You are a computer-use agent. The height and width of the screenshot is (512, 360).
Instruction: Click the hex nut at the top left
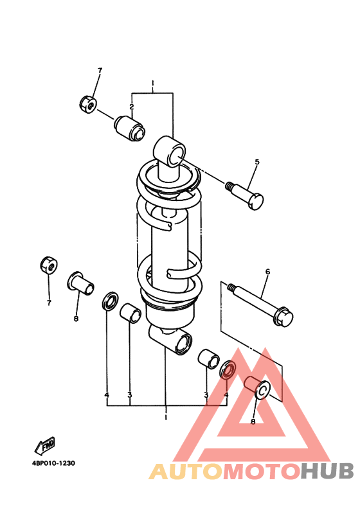[x=87, y=104]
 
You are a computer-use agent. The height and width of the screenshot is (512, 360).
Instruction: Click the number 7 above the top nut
[x=100, y=71]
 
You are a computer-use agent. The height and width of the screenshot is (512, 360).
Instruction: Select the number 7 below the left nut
[x=49, y=303]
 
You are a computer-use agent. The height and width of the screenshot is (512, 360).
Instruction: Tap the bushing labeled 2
[x=129, y=128]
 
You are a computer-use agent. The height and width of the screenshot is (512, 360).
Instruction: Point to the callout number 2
[x=132, y=107]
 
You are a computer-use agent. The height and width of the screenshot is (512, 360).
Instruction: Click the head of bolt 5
[x=255, y=201]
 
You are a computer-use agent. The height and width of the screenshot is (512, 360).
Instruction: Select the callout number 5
[x=257, y=162]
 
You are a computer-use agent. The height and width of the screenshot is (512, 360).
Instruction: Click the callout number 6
[x=268, y=272]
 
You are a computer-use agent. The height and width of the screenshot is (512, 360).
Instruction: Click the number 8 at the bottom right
[x=253, y=421]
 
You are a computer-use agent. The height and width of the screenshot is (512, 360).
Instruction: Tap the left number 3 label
[x=130, y=395]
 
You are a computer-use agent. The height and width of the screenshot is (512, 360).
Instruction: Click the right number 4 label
[x=226, y=395]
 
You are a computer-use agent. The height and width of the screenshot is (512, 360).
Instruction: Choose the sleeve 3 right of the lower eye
[x=209, y=359]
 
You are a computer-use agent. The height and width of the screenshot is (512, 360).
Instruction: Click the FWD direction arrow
[x=45, y=445]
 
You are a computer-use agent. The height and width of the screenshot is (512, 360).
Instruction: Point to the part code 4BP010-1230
[x=53, y=463]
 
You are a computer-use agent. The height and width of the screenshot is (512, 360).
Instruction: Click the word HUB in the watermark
[x=327, y=472]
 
